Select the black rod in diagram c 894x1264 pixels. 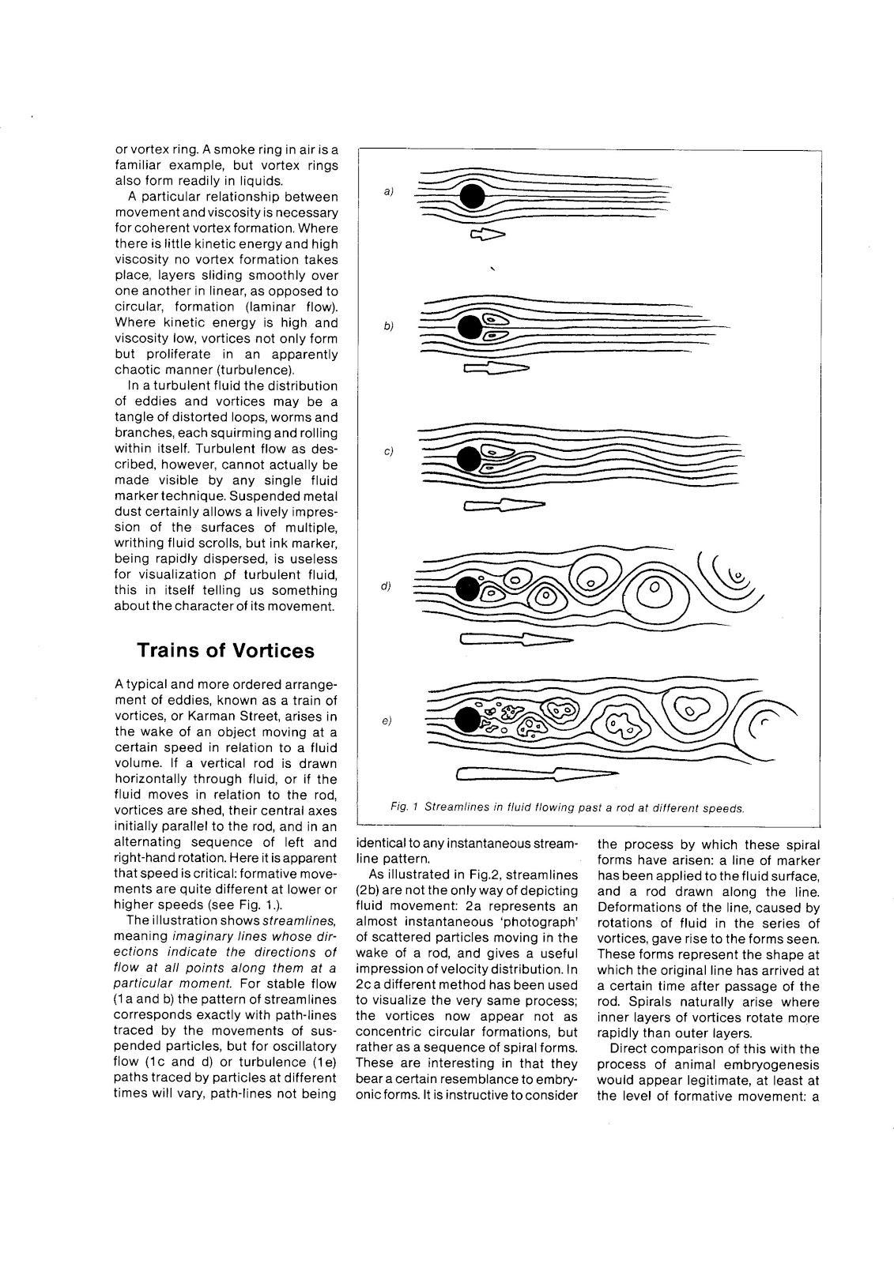470,458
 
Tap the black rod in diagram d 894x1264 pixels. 469,589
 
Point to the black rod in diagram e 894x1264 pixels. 469,720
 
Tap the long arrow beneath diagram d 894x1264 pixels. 514,641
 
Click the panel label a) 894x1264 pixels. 389,191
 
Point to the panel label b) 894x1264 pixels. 389,325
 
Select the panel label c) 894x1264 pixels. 389,452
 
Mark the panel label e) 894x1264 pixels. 387,720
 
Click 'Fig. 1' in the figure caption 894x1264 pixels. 404,808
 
